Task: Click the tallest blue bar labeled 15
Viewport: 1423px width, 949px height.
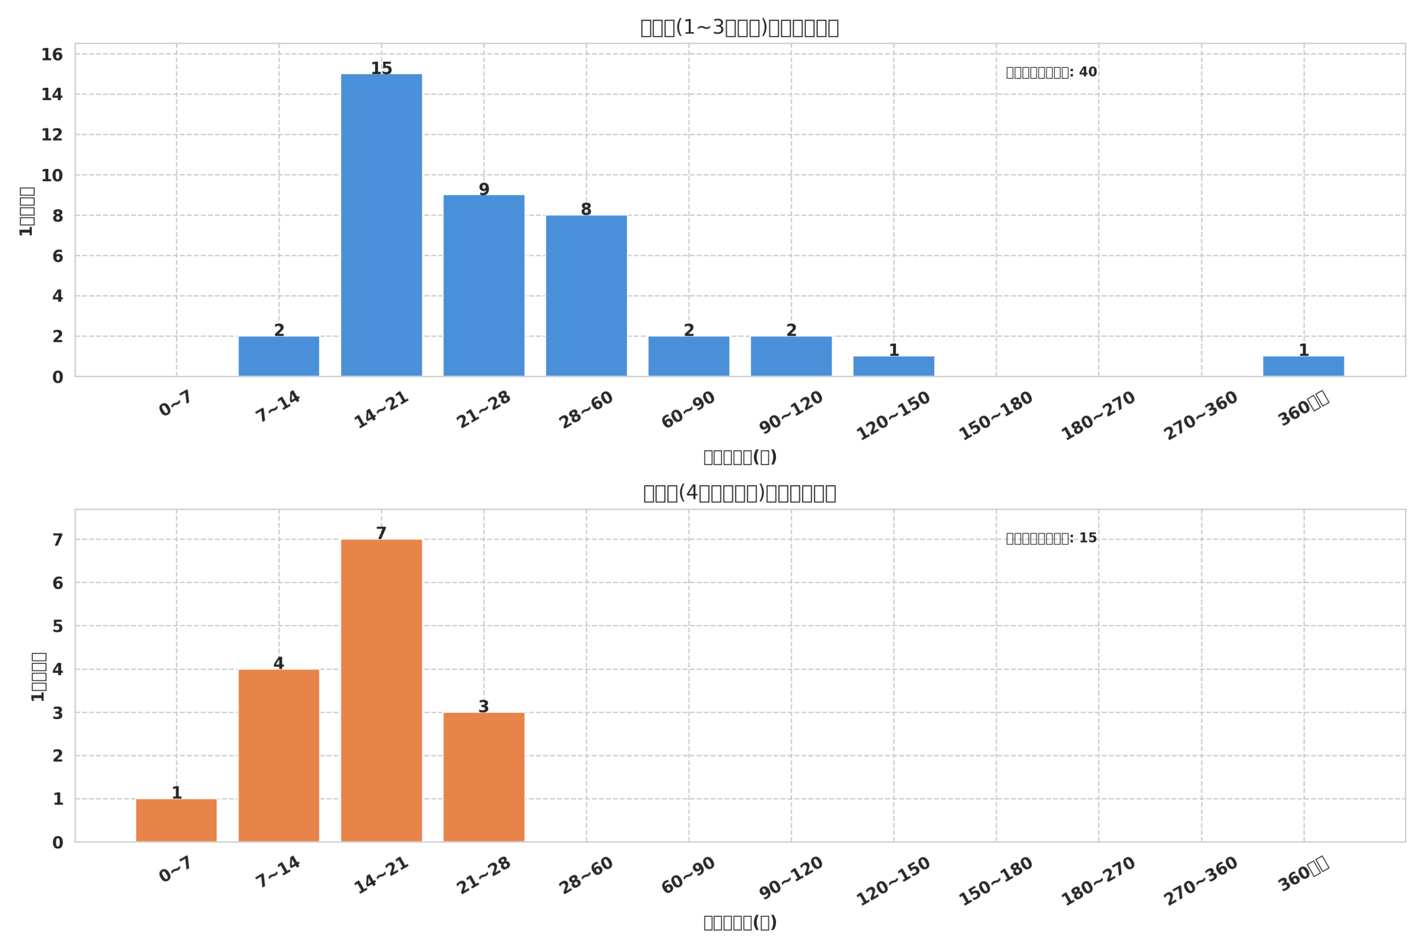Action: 381,225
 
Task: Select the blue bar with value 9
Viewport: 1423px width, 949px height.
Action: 484,286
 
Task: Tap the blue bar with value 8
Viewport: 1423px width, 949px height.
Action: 586,296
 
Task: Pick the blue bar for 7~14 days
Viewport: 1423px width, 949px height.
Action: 278,356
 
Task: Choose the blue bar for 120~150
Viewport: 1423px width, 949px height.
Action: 894,366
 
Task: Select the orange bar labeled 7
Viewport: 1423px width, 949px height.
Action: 381,690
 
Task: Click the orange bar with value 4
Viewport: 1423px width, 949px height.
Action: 278,756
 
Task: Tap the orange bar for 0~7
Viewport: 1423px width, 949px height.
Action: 176,820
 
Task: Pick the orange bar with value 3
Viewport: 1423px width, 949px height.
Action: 484,777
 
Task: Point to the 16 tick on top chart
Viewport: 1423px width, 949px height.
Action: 52,54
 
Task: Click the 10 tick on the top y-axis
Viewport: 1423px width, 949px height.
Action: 52,176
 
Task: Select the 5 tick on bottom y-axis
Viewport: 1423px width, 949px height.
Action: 57,627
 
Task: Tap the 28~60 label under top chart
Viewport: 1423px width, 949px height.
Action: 586,410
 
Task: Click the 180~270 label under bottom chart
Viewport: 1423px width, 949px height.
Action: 1098,882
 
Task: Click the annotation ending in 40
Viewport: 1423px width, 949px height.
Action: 1051,72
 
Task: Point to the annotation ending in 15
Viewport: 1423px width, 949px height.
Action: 1051,538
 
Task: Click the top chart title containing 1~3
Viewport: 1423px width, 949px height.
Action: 739,28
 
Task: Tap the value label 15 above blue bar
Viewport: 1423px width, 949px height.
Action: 381,68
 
